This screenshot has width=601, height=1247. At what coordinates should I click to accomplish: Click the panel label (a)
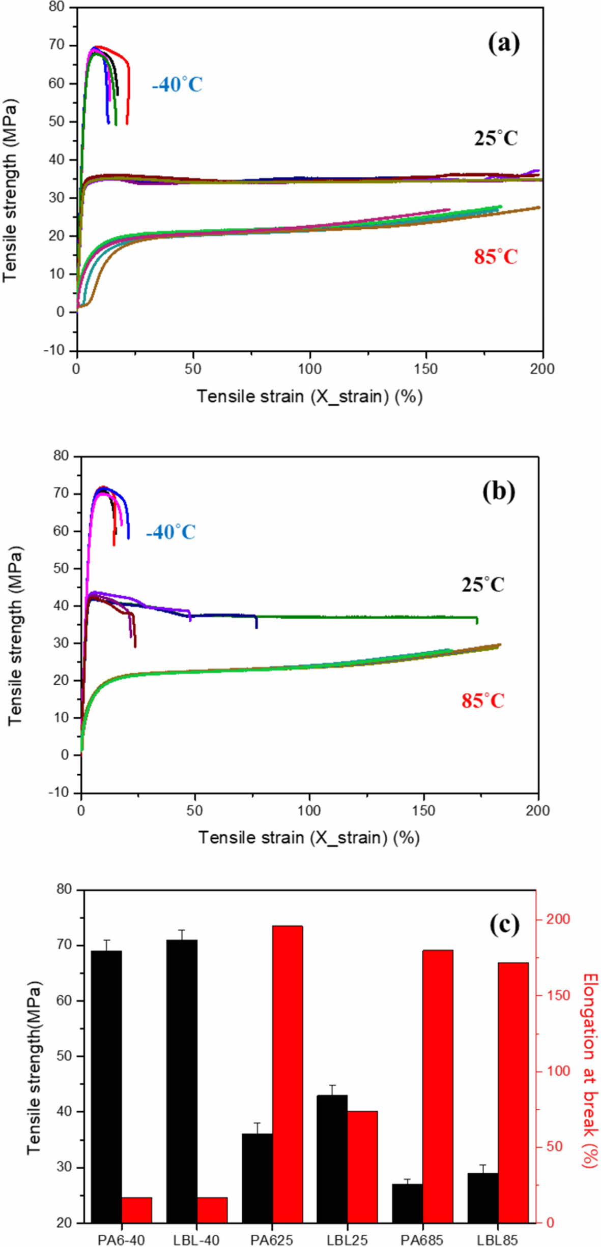[503, 44]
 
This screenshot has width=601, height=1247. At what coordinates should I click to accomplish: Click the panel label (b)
[498, 492]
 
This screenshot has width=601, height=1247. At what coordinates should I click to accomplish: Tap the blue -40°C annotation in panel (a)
[177, 84]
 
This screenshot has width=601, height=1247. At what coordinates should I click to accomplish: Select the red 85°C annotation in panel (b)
[482, 701]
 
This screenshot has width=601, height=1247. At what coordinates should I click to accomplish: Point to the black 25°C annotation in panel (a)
[496, 138]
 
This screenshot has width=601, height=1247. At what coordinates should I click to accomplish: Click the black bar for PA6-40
[106, 1088]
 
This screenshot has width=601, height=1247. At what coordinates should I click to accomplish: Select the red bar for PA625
[288, 1075]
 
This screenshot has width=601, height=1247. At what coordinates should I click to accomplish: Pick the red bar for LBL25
[362, 1168]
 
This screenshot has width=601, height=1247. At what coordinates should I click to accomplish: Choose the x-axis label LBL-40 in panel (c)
[196, 1239]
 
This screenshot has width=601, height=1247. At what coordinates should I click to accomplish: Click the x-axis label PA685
[421, 1239]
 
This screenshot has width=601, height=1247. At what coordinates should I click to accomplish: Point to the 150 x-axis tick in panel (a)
[425, 369]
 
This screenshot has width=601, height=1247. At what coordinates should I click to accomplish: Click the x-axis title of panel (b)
[309, 837]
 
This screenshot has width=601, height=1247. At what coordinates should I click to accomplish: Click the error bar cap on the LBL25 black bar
[332, 1085]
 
